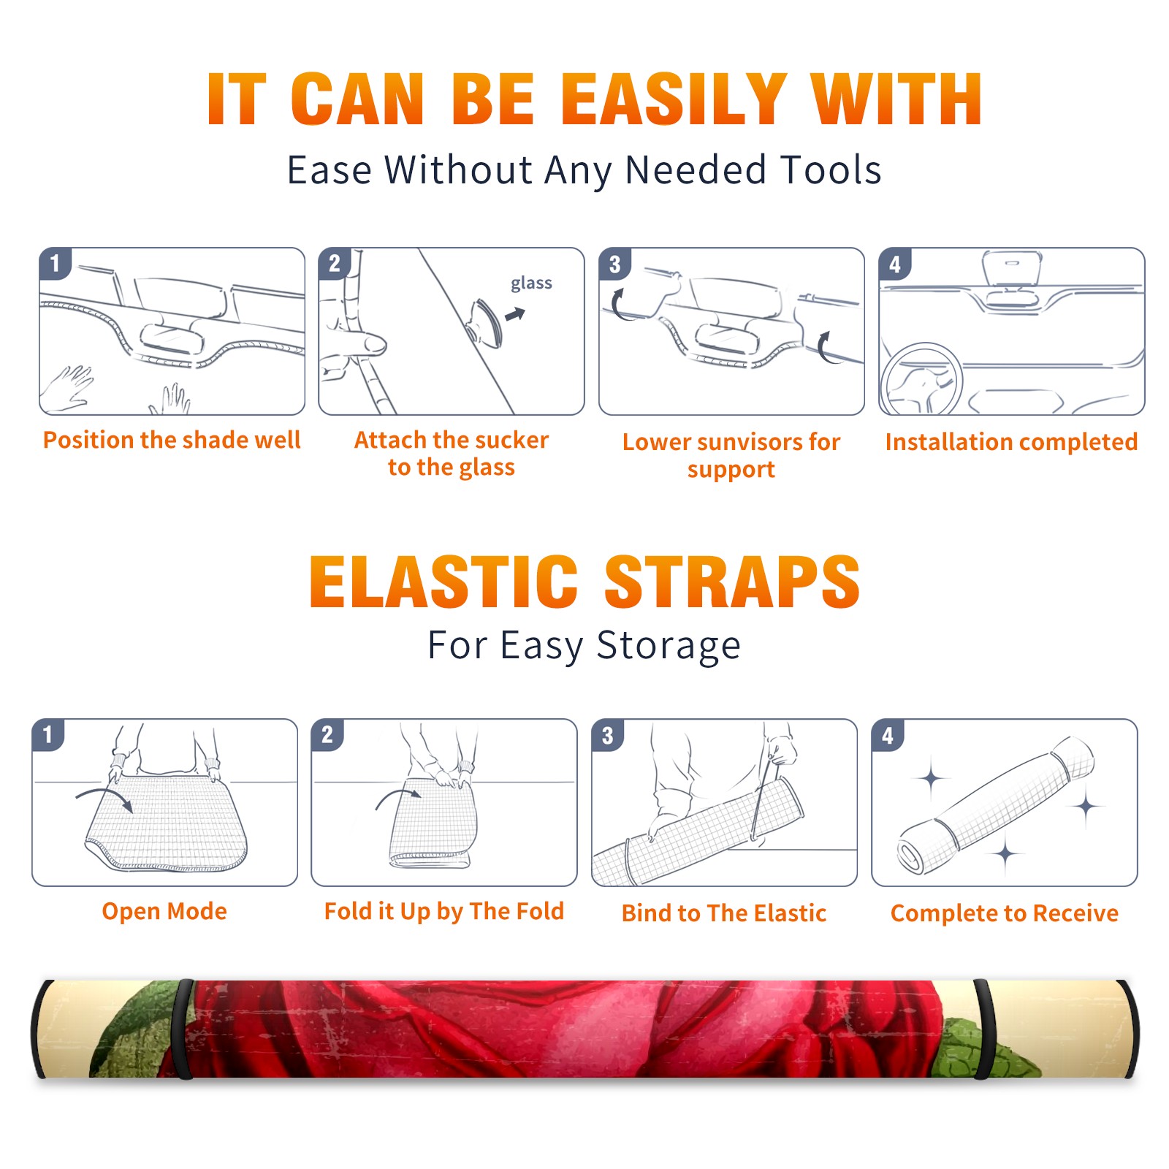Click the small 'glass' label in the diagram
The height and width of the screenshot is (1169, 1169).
[531, 283]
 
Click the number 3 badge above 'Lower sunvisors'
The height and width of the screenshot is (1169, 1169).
[615, 264]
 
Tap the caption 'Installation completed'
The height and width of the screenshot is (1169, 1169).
[1011, 442]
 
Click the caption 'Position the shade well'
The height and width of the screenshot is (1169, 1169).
[172, 440]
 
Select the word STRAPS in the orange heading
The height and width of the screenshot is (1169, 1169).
[732, 582]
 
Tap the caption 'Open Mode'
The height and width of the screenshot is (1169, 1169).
[164, 912]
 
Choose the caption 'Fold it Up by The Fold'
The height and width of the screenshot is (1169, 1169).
[444, 912]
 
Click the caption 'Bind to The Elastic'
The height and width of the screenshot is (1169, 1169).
[724, 913]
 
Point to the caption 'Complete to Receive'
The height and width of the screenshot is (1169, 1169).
[1005, 914]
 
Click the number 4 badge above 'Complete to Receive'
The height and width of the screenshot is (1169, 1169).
[888, 735]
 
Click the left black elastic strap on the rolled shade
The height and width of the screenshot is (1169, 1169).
[183, 1029]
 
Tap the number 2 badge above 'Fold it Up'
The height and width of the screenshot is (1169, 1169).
[327, 735]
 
